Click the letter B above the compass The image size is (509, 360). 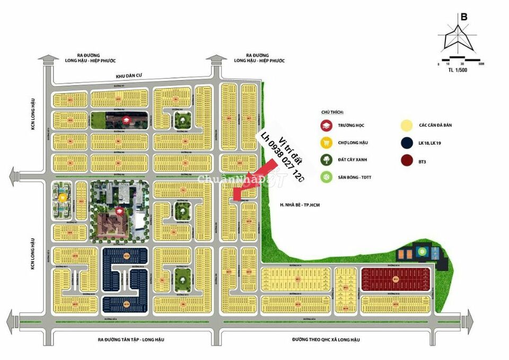click(464, 16)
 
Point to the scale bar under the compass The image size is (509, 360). click(461, 57)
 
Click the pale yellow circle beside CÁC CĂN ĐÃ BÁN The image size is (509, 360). click(407, 126)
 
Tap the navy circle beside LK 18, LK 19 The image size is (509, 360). click(407, 142)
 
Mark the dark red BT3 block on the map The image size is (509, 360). click(395, 279)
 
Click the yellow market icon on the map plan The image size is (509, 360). click(63, 198)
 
